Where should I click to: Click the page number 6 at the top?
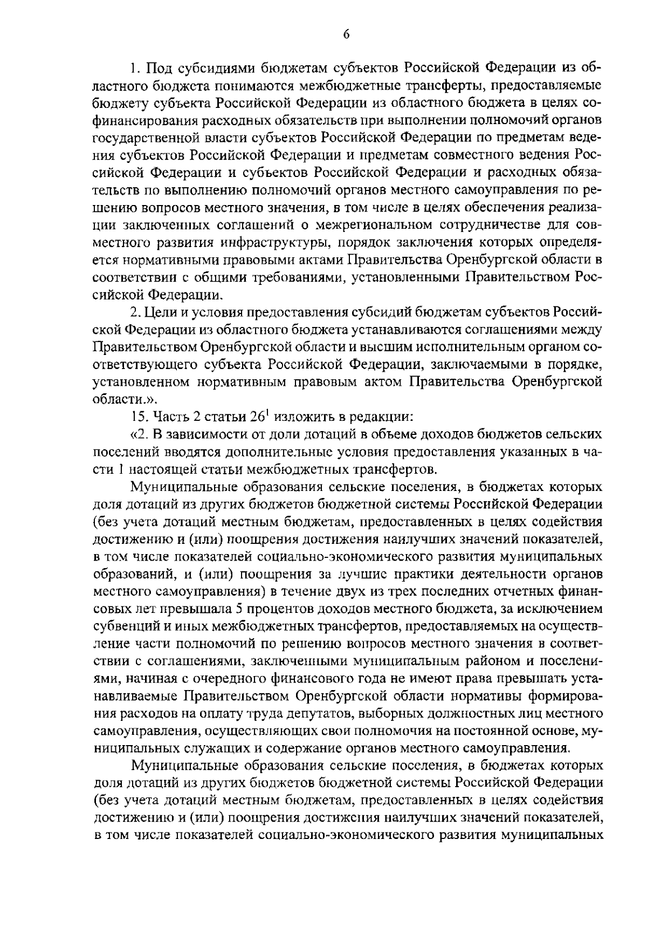click(347, 34)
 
